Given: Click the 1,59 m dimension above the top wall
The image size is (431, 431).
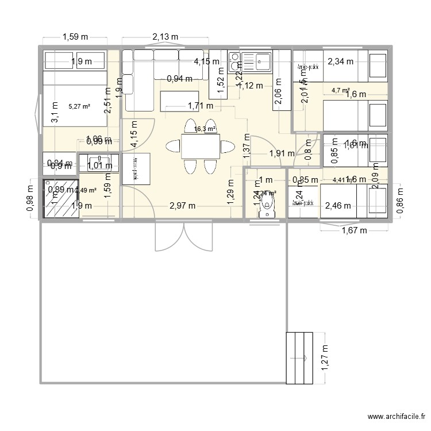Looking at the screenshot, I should (x=74, y=37).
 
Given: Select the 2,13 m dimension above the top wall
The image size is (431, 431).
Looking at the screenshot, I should (x=166, y=37).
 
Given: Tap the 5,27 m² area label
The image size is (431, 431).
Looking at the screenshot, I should (x=79, y=106).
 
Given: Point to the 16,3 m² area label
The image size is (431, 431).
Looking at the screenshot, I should (x=205, y=129).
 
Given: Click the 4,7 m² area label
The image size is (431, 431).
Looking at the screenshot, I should (x=341, y=90).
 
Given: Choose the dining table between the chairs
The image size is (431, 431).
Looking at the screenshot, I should (x=201, y=146).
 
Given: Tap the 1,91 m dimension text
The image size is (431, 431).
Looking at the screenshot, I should (x=282, y=153).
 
